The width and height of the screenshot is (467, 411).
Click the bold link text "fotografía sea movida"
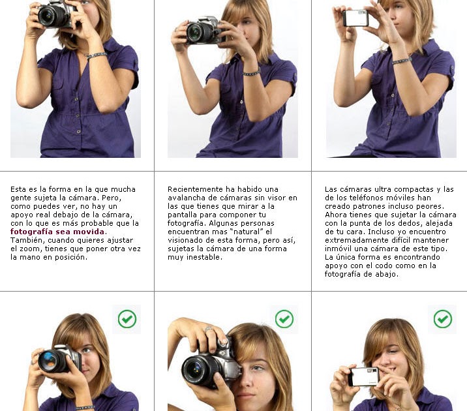(57, 232)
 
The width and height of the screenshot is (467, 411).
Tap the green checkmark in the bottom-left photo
(127, 319)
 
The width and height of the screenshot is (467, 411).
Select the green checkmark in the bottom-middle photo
(284, 319)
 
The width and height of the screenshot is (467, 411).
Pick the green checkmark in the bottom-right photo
(443, 319)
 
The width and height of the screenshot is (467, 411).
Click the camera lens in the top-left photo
(48, 16)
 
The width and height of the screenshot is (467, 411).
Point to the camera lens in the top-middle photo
(196, 32)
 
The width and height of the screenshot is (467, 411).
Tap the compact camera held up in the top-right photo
(356, 18)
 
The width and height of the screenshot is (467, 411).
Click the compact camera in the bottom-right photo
(364, 376)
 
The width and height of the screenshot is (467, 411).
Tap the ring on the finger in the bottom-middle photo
(207, 329)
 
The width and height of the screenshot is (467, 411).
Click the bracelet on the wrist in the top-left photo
(96, 55)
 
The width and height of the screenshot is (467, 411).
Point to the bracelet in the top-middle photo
(252, 72)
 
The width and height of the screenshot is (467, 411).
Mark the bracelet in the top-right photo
(402, 61)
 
